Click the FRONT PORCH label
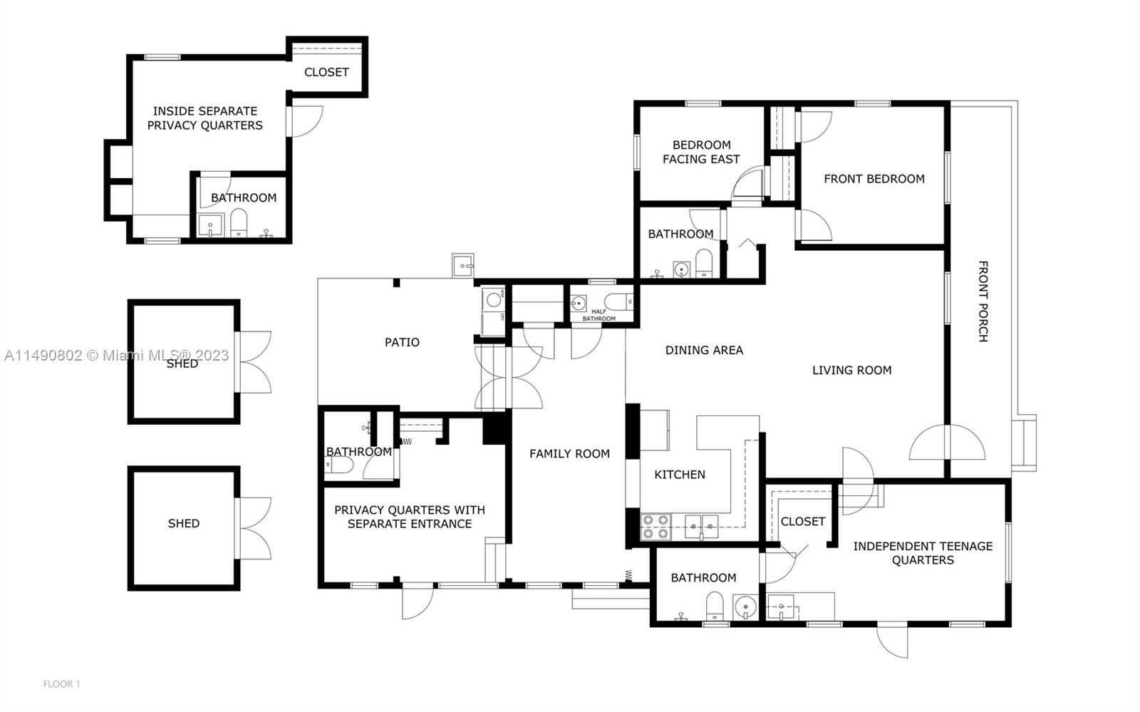click(x=982, y=301)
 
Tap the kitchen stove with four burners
click(x=655, y=526)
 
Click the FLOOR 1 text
click(x=61, y=684)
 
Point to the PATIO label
click(x=402, y=342)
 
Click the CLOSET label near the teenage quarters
click(x=802, y=522)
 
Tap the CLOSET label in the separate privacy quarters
click(x=326, y=72)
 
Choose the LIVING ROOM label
click(x=851, y=370)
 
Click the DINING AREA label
click(x=704, y=350)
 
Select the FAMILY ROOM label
click(x=569, y=453)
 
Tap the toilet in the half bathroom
click(x=617, y=302)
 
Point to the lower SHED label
click(x=183, y=523)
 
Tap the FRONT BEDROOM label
click(x=874, y=179)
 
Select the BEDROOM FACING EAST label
click(x=701, y=152)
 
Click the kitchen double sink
click(x=701, y=526)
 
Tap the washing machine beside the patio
click(x=493, y=299)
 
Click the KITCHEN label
click(x=680, y=475)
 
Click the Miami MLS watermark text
click(x=116, y=355)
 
